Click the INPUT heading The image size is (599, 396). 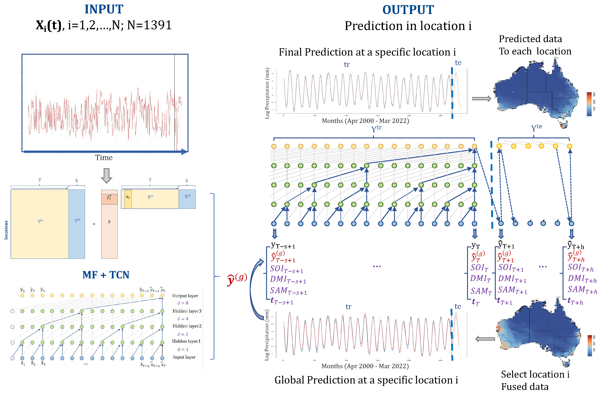click(104, 9)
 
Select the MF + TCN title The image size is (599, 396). click(106, 275)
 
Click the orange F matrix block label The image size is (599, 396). click(109, 222)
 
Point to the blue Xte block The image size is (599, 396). click(187, 199)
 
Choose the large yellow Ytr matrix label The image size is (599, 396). click(40, 221)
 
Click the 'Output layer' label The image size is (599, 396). click(185, 296)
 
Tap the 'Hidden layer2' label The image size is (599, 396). click(187, 326)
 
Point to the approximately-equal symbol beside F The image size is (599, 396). click(94, 224)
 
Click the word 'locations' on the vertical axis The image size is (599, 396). click(6, 230)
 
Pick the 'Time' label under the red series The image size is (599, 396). click(104, 158)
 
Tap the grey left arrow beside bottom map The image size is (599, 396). click(485, 339)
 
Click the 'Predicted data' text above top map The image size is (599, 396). click(530, 39)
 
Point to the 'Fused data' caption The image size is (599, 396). click(525, 386)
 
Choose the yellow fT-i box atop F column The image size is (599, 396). click(109, 197)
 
